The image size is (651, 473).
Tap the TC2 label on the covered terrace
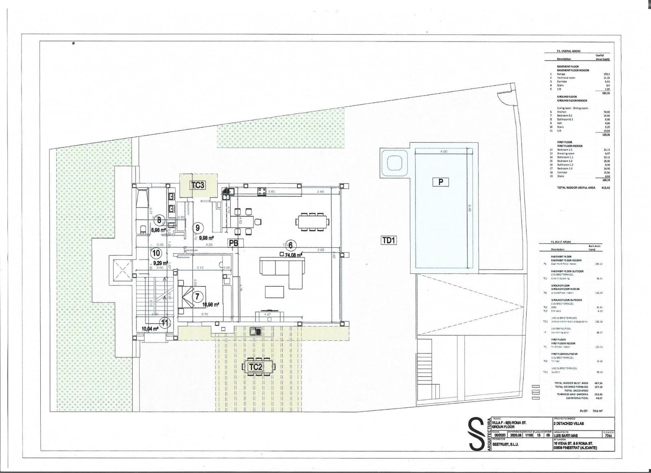[x=256, y=367]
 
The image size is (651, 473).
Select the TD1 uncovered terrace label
[x=389, y=240]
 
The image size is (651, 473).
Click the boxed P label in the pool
[x=441, y=182]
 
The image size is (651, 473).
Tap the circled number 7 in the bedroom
[x=197, y=296]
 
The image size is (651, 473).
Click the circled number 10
[x=155, y=253]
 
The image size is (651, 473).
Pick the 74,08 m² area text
[x=293, y=255]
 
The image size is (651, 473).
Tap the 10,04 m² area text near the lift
[x=150, y=329]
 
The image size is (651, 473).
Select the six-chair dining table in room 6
[x=312, y=222]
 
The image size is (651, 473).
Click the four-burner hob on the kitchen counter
[x=262, y=191]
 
